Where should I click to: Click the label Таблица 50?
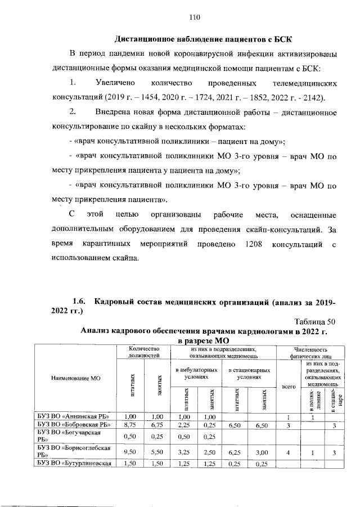coord(313,321)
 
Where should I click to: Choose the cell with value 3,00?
coord(260,451)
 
